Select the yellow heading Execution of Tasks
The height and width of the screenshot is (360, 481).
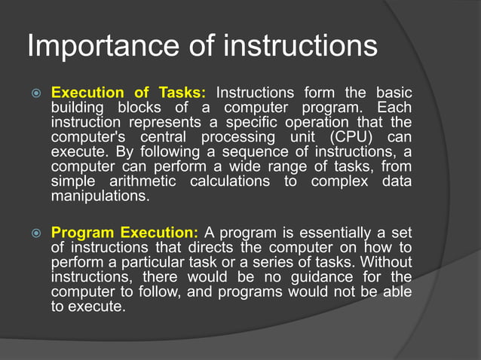coord(127,93)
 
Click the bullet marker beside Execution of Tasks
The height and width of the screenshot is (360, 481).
coord(35,93)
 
